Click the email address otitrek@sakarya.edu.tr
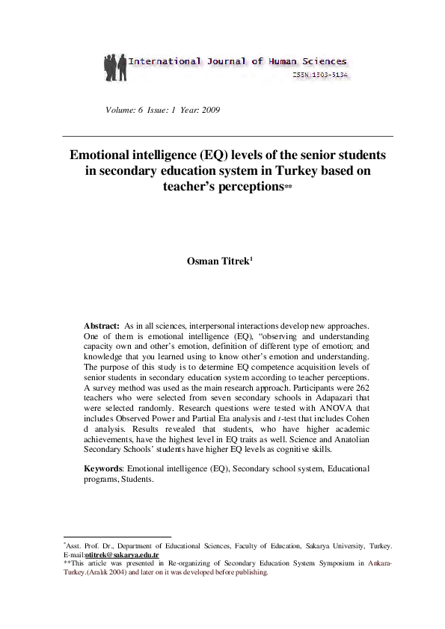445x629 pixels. click(x=122, y=556)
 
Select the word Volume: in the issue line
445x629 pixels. click(x=123, y=111)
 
